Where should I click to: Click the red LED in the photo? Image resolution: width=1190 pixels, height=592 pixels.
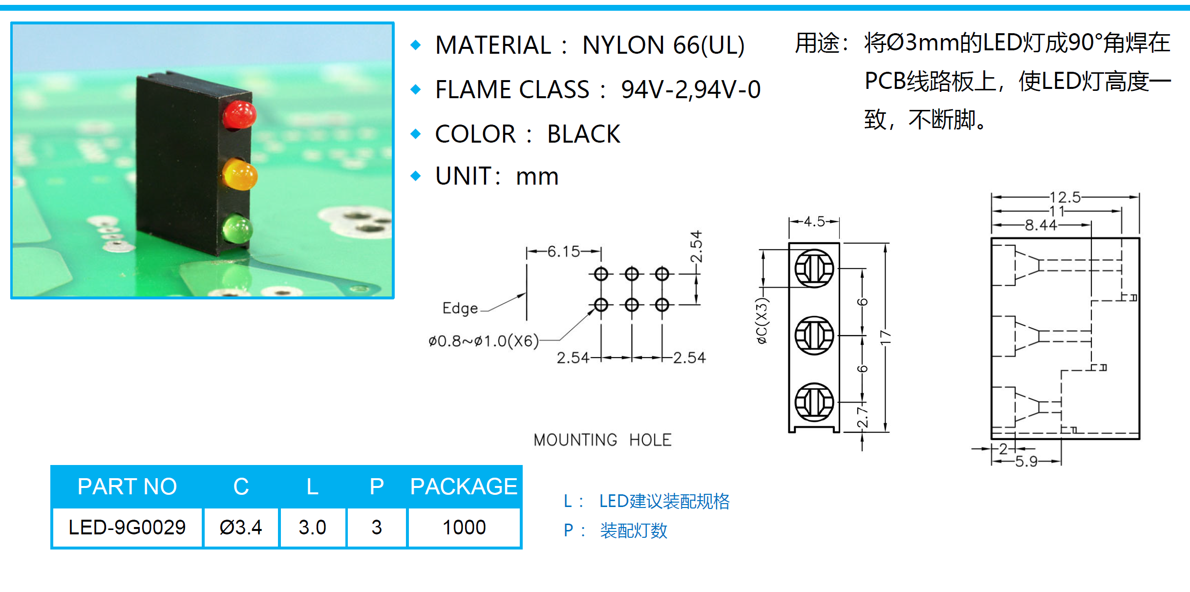pyautogui.click(x=239, y=115)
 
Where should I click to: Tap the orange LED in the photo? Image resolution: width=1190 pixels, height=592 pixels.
pyautogui.click(x=239, y=174)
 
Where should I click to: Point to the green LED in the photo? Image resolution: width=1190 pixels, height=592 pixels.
pyautogui.click(x=237, y=229)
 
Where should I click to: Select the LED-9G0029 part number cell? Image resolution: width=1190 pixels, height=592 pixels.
pyautogui.click(x=127, y=528)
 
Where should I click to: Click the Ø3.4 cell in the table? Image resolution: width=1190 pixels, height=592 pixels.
pyautogui.click(x=241, y=528)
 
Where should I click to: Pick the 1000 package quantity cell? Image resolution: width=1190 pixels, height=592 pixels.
pyautogui.click(x=464, y=528)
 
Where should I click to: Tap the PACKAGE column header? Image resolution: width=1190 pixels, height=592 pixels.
pyautogui.click(x=464, y=486)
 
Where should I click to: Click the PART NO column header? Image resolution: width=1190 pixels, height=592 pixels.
pyautogui.click(x=127, y=486)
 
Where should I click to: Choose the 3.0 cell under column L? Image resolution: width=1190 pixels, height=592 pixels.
pyautogui.click(x=313, y=528)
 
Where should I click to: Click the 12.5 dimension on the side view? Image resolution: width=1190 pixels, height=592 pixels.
pyautogui.click(x=1065, y=197)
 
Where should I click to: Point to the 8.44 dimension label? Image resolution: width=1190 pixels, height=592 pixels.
pyautogui.click(x=1041, y=225)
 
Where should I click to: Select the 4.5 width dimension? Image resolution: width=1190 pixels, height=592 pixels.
pyautogui.click(x=814, y=222)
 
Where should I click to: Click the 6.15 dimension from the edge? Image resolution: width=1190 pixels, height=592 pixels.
pyautogui.click(x=564, y=252)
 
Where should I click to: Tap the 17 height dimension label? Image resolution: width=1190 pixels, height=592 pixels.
pyautogui.click(x=885, y=337)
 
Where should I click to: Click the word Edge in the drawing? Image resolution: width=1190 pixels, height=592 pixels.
pyautogui.click(x=460, y=308)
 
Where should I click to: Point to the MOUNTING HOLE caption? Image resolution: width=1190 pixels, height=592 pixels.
pyautogui.click(x=602, y=440)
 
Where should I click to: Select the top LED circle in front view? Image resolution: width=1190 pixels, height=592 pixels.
pyautogui.click(x=814, y=268)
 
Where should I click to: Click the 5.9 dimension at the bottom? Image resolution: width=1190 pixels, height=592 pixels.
pyautogui.click(x=1026, y=462)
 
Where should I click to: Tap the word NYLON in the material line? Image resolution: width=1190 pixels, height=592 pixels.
pyautogui.click(x=623, y=45)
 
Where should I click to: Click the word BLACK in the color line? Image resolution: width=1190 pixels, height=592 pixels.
pyautogui.click(x=584, y=134)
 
